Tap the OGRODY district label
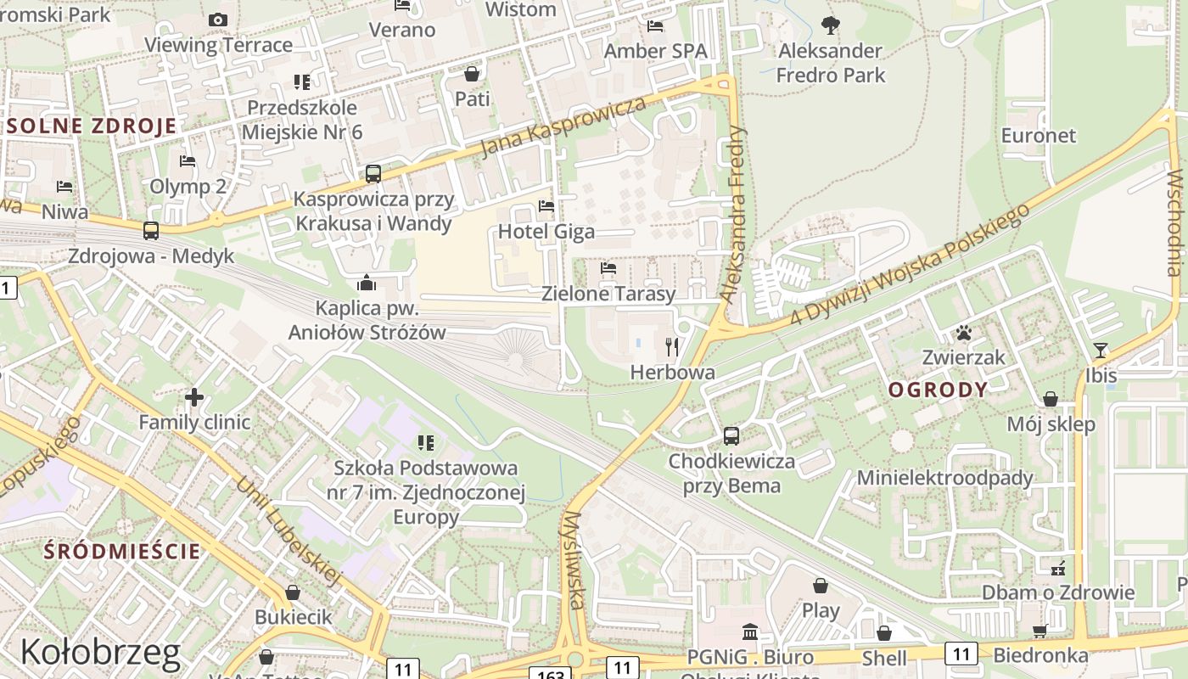pyautogui.click(x=939, y=390)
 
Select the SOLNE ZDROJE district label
pyautogui.click(x=92, y=126)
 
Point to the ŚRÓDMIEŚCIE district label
pyautogui.click(x=122, y=551)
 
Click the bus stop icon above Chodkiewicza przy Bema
pyautogui.click(x=731, y=436)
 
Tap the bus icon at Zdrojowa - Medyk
pyautogui.click(x=151, y=230)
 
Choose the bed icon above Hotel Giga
pyautogui.click(x=546, y=206)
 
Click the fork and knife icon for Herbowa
pyautogui.click(x=673, y=346)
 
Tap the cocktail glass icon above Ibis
pyautogui.click(x=1101, y=350)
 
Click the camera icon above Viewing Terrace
pyautogui.click(x=218, y=20)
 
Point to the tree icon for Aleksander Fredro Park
pyautogui.click(x=831, y=25)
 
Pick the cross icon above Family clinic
pyautogui.click(x=194, y=396)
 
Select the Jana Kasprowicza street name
pyautogui.click(x=563, y=126)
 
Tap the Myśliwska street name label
pyautogui.click(x=574, y=560)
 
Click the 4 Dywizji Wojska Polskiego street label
pyautogui.click(x=910, y=264)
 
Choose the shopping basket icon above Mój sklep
pyautogui.click(x=1051, y=399)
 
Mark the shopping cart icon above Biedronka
pyautogui.click(x=1040, y=630)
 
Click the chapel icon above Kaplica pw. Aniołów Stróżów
pyautogui.click(x=367, y=283)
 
